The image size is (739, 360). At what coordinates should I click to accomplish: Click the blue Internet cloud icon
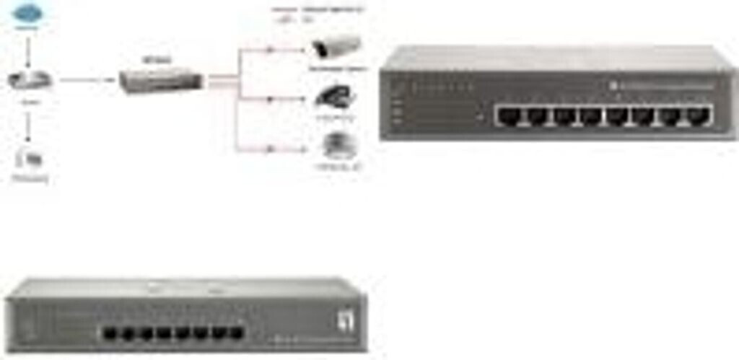tap(27, 12)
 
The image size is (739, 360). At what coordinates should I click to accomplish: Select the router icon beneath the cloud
tap(30, 80)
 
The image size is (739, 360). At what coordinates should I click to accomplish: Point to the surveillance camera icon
tap(335, 48)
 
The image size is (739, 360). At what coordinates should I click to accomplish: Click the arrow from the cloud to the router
tap(28, 48)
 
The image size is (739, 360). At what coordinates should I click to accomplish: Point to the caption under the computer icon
tap(31, 177)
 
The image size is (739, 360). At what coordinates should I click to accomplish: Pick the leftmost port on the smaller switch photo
tap(111, 333)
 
